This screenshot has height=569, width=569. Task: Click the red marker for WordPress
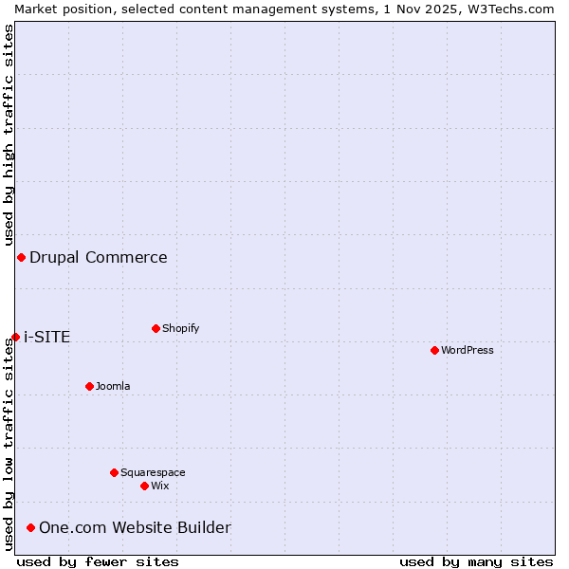pos(434,350)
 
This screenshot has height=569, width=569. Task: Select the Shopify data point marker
pos(156,328)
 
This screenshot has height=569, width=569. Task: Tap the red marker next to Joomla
pos(89,386)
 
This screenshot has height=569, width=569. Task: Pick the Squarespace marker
pos(114,472)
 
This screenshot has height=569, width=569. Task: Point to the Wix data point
pos(144,486)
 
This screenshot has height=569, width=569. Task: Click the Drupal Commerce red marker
pos(21,257)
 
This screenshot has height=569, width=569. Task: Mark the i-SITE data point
pos(15,337)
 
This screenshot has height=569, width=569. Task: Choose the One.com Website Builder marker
pos(30,527)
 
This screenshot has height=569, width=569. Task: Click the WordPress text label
pos(468,350)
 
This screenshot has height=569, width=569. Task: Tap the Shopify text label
pos(181,328)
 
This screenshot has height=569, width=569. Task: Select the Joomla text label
pos(113,386)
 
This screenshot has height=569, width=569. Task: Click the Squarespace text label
pos(153,472)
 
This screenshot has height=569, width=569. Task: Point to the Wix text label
pos(160,486)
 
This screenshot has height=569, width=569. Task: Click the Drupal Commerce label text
pos(99,257)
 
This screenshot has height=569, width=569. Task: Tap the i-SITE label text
pos(47,337)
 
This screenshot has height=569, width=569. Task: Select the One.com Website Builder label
pos(135,527)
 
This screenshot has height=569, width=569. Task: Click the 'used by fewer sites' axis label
pos(98,561)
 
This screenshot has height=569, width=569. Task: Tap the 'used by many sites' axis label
pos(476,561)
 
